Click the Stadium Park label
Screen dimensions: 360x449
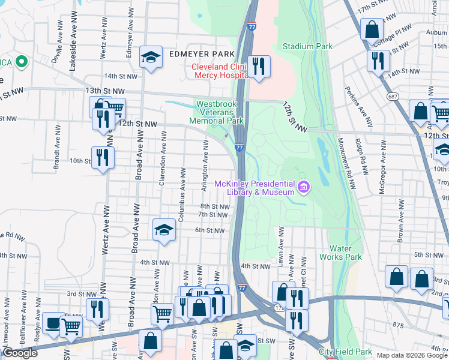[x=307, y=46]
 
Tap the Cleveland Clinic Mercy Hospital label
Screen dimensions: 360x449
[x=220, y=71]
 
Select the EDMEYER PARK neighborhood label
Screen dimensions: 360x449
[x=200, y=54]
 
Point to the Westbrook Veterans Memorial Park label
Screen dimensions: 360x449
[x=220, y=112]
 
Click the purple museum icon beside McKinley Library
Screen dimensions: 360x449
[x=304, y=188]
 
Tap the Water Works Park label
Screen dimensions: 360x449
[x=345, y=253]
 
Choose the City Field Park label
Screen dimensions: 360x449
[x=345, y=352]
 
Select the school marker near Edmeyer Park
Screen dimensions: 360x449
[x=151, y=58]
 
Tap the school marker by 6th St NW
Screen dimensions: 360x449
[x=163, y=230]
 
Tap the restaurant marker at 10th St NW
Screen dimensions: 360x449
[x=103, y=158]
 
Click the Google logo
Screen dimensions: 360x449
[x=20, y=353]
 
